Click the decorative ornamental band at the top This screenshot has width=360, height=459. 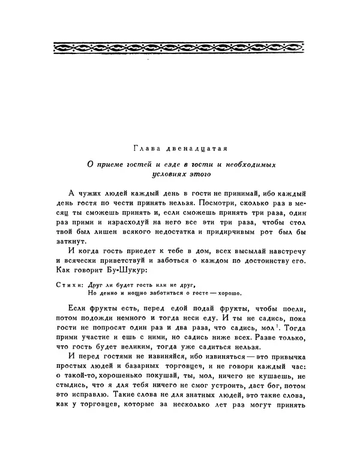pos(180,46)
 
